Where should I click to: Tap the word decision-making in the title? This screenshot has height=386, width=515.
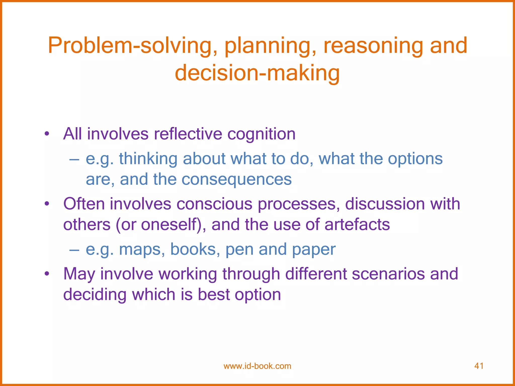(257, 73)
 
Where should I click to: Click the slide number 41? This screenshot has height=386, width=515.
(479, 366)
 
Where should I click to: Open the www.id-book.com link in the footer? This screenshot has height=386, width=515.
(257, 366)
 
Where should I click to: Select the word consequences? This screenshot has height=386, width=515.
(236, 179)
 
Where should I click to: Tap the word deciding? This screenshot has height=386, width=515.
(95, 294)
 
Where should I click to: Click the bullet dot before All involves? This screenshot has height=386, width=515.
(47, 134)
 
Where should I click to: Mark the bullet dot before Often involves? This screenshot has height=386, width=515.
(47, 204)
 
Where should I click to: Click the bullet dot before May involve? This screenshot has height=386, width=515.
(47, 274)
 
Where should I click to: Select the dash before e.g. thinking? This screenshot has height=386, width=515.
(74, 159)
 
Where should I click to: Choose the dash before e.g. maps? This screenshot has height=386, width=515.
(74, 250)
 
